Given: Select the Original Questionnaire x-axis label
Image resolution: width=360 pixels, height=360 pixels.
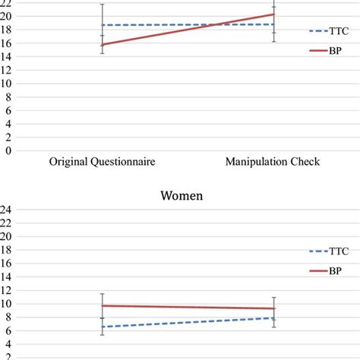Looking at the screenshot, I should (x=101, y=162).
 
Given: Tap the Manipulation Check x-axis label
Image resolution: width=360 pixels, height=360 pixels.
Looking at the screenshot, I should (x=272, y=162).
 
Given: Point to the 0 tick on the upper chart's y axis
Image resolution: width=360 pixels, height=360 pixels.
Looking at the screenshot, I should (x=8, y=150).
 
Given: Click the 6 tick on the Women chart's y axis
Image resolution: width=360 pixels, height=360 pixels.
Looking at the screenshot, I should (x=8, y=330).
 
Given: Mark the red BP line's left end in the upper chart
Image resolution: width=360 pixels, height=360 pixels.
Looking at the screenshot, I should (x=102, y=45).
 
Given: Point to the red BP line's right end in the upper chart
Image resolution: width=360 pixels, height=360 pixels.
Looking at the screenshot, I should (x=273, y=14).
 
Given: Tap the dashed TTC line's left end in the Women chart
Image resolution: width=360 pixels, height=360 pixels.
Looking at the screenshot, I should (x=102, y=327).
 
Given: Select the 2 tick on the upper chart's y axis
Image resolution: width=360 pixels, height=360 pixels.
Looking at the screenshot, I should (x=8, y=137).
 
